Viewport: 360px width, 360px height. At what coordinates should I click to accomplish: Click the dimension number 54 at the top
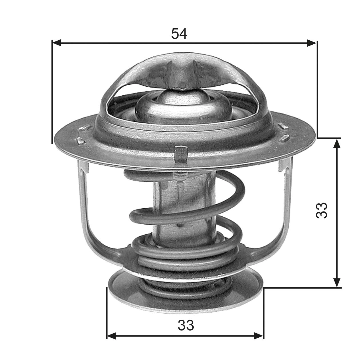[179, 34]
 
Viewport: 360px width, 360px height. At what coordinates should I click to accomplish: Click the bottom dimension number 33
[186, 325]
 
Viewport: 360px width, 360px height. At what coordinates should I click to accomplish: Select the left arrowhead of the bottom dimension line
[111, 336]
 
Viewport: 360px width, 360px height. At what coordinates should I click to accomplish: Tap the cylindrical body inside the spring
[183, 206]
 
